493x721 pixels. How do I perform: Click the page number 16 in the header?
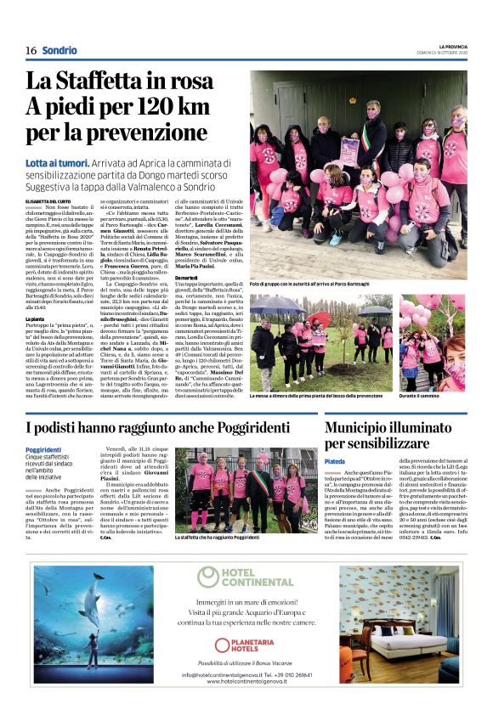click(x=31, y=50)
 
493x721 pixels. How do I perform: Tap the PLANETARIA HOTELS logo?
click(x=246, y=646)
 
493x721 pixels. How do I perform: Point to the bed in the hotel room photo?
click(x=404, y=645)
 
